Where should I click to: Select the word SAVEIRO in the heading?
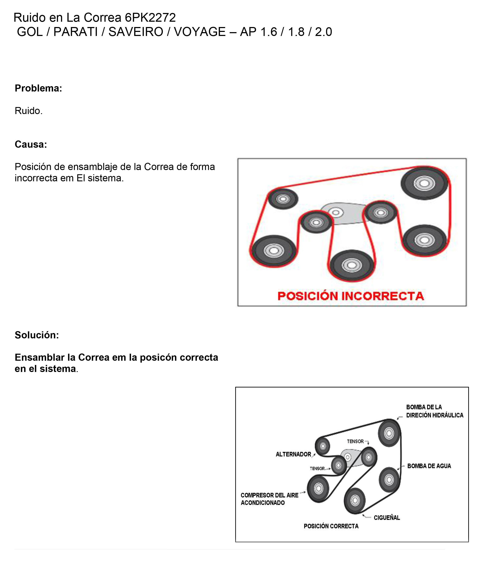coord(136,32)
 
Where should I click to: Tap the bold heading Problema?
coord(38,88)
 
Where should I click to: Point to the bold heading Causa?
coord(31,144)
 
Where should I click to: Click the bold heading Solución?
coord(37,335)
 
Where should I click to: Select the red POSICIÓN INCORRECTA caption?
coord(351,296)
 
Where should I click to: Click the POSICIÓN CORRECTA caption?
coord(331,526)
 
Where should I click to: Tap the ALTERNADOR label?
coord(293,454)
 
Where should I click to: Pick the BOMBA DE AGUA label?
coord(429,466)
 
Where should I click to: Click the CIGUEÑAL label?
coord(386,518)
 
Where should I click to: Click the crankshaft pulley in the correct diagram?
coord(355,501)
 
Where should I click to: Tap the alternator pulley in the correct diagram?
coord(323,446)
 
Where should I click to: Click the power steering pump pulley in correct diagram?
coord(389,433)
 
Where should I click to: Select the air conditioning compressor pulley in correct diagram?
coord(318,488)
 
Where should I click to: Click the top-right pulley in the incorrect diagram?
coord(424,183)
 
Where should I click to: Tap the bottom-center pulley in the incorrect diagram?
coord(352,265)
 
